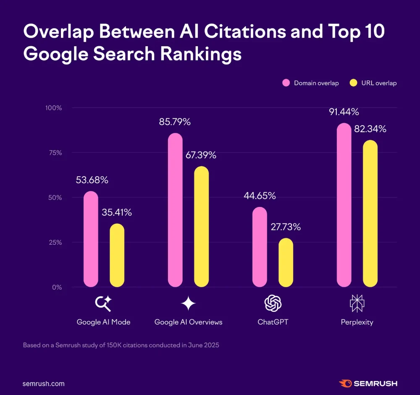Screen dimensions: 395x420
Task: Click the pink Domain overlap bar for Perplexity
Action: pyautogui.click(x=344, y=205)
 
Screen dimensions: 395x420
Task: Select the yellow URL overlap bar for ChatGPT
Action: pyautogui.click(x=286, y=263)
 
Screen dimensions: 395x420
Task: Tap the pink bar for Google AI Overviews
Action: pyautogui.click(x=175, y=210)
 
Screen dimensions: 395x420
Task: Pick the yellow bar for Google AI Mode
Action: pyautogui.click(x=117, y=255)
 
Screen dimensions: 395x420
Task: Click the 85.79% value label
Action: pyautogui.click(x=175, y=122)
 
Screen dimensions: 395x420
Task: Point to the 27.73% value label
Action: pyautogui.click(x=285, y=227)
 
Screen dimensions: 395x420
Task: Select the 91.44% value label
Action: pyautogui.click(x=343, y=112)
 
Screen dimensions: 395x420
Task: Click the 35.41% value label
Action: pyautogui.click(x=117, y=212)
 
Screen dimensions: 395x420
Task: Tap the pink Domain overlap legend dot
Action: pyautogui.click(x=286, y=83)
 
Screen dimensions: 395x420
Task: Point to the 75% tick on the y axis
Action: pyautogui.click(x=54, y=153)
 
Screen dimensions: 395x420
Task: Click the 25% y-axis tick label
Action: pyautogui.click(x=54, y=243)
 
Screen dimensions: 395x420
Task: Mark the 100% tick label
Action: pyautogui.click(x=53, y=108)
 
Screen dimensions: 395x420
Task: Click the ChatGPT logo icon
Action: pyautogui.click(x=273, y=303)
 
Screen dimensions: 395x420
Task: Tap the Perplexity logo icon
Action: pyautogui.click(x=357, y=303)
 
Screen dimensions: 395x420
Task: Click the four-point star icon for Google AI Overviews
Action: pyautogui.click(x=188, y=303)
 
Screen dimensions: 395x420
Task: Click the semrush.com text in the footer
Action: pyautogui.click(x=44, y=384)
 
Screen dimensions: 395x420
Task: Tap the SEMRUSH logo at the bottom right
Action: pyautogui.click(x=368, y=384)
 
